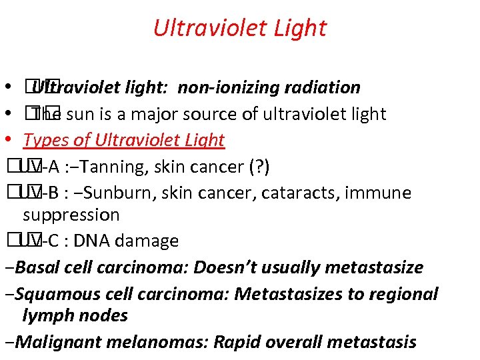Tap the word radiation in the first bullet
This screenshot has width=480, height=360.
point(322,87)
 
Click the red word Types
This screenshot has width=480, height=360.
point(44,140)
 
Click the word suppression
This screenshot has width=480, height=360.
point(71,215)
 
